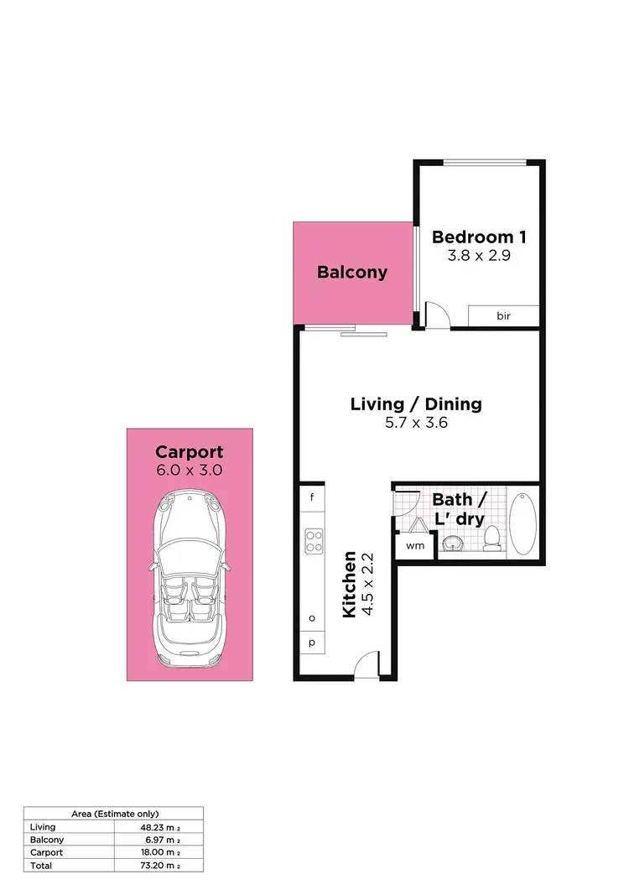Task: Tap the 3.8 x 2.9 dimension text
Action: (x=476, y=256)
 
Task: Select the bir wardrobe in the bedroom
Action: (x=503, y=315)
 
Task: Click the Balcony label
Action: (x=352, y=272)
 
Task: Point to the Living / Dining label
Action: (x=416, y=403)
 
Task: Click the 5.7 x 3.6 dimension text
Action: (x=416, y=423)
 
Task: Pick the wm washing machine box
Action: (x=414, y=545)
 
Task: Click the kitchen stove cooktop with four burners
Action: (x=314, y=540)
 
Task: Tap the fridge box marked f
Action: (x=312, y=497)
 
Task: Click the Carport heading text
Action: (x=190, y=452)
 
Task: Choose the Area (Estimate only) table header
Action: (x=112, y=814)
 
